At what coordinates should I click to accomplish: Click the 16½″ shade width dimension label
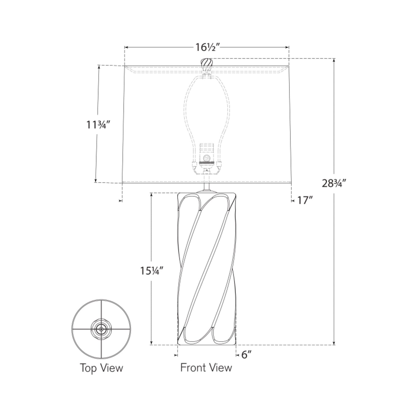[x=208, y=47]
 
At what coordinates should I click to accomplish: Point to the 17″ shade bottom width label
[x=305, y=200]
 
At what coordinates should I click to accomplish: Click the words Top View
[x=101, y=368]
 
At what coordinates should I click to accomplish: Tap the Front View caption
[x=206, y=367]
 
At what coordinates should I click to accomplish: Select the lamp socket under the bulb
[x=206, y=157]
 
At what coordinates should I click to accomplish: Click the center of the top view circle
[x=101, y=329]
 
